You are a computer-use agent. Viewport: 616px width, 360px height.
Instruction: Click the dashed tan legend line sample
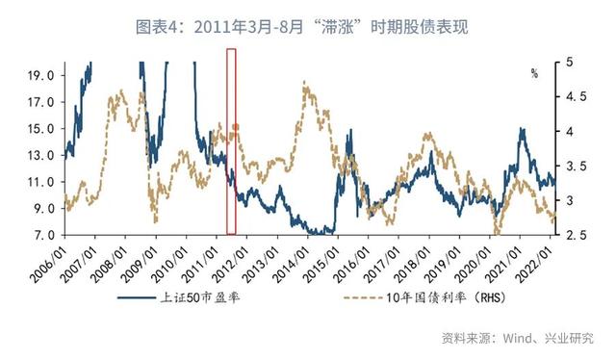pyautogui.click(x=367, y=298)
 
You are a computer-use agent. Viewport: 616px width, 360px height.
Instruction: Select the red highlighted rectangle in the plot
pyautogui.click(x=231, y=140)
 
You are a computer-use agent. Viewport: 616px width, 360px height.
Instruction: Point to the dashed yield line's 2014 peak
pyautogui.click(x=306, y=86)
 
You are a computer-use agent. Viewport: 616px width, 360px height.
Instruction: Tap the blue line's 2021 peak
pyautogui.click(x=522, y=129)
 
